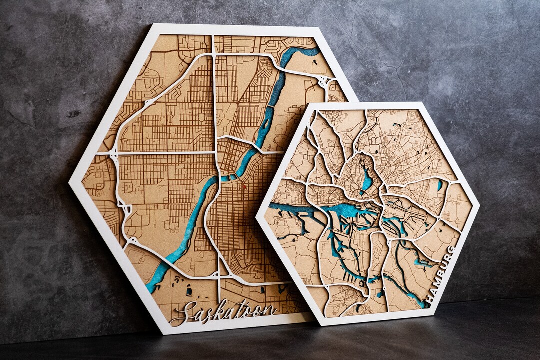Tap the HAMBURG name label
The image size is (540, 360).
click(441, 275)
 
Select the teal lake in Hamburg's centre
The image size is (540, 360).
click(367, 181)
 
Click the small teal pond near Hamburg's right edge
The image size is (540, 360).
click(439, 185)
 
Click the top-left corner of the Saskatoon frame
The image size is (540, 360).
click(151, 25)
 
